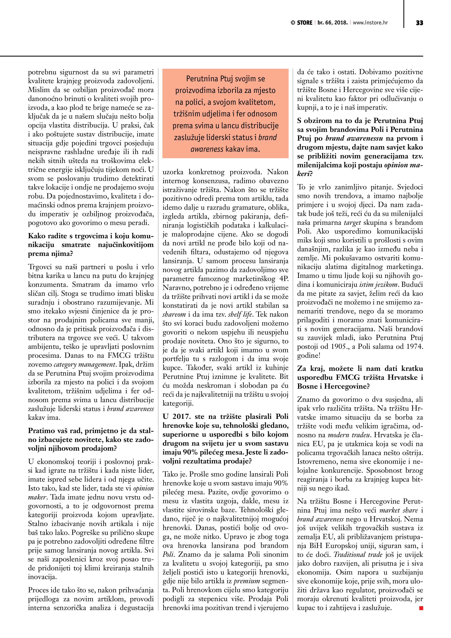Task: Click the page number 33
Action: coord(419,23)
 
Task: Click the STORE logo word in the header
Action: coord(305,23)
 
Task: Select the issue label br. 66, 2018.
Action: coord(333,23)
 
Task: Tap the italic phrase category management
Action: coord(85,364)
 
